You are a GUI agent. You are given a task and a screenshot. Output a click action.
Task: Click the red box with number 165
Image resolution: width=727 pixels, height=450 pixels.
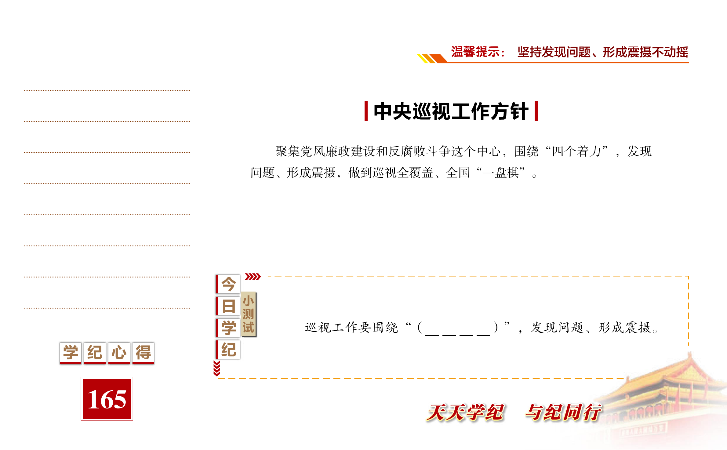107,399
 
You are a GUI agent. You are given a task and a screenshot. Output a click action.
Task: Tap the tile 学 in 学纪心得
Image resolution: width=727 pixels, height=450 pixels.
71,353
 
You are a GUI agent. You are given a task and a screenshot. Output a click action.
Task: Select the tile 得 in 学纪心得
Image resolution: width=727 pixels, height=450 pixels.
143,353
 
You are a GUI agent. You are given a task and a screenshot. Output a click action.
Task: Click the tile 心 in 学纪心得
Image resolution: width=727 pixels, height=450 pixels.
119,353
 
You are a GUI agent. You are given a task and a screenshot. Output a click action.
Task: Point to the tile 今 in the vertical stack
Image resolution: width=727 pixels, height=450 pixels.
228,284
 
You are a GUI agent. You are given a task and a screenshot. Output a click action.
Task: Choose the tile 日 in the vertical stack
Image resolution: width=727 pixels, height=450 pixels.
228,306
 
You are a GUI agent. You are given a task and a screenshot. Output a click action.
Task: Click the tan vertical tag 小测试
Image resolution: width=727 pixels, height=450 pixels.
249,314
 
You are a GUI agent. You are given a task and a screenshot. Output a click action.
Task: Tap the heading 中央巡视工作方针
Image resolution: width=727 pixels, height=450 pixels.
451,111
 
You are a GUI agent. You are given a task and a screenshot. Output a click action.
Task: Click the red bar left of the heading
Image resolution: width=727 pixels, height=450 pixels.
366,111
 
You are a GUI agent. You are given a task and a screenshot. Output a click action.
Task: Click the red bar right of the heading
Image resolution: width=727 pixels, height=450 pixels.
536,111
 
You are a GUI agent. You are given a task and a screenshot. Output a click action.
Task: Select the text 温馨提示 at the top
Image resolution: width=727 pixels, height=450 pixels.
475,52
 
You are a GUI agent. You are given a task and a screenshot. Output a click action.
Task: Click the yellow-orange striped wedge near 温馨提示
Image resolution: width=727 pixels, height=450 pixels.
432,58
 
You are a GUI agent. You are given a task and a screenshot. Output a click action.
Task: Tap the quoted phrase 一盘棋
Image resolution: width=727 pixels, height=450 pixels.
501,173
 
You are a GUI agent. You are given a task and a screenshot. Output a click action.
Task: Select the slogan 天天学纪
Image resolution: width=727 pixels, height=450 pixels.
465,412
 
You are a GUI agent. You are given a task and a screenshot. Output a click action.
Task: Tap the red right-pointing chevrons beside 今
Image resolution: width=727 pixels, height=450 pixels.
253,277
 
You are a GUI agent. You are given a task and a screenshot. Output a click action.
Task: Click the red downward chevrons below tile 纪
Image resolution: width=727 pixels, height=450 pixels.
217,368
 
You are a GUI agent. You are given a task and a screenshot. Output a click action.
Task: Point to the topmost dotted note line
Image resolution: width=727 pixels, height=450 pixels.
107,90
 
